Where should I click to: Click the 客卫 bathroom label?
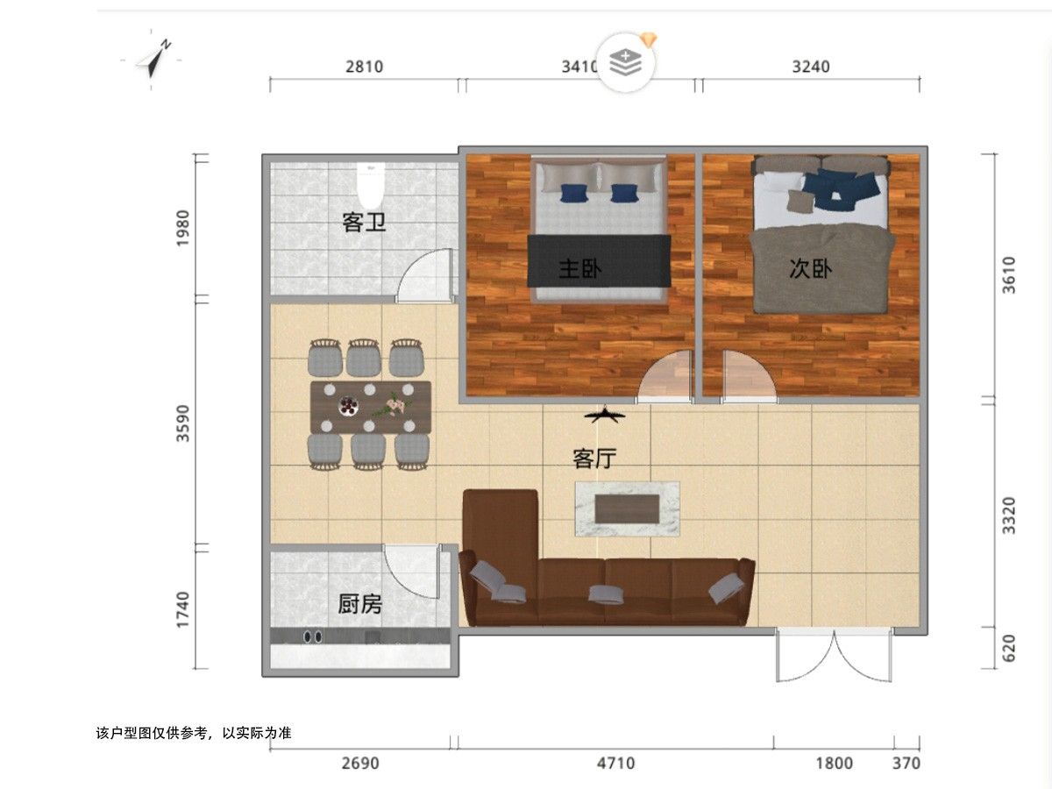pos(364,223)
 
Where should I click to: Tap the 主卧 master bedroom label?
pos(580,268)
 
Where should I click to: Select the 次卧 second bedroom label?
pos(810,268)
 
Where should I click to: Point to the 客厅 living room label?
pos(594,458)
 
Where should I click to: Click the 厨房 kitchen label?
pos(360,604)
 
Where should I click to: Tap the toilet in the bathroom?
pos(371,186)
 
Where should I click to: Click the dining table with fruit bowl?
pos(371,407)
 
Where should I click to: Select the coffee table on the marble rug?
pos(627,508)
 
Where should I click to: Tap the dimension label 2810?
pos(364,67)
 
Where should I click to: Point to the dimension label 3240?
pos(810,67)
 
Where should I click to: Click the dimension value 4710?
pos(616,763)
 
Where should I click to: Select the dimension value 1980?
pos(183,228)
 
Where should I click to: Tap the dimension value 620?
pos(1009,648)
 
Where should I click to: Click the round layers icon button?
pos(625,63)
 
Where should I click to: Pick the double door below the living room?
pos(834,654)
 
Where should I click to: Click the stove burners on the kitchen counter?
pos(312,636)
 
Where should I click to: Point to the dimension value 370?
pos(906,763)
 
